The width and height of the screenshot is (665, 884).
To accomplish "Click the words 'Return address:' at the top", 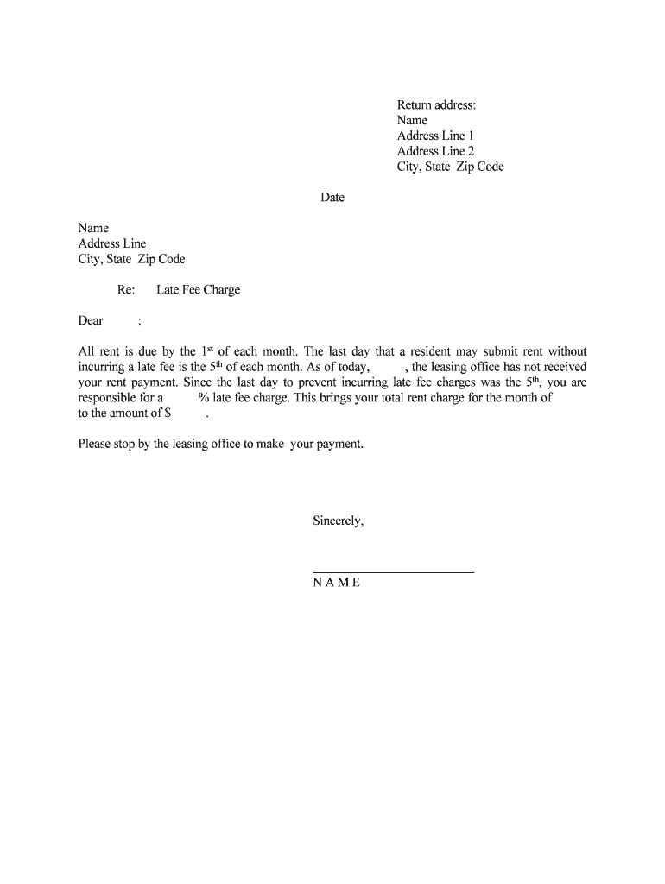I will (x=436, y=105).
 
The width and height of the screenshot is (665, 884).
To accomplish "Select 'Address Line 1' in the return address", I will (x=435, y=136).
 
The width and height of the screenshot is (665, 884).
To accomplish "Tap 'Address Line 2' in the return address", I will (x=435, y=152).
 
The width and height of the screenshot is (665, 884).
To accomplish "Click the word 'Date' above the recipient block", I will (x=332, y=198).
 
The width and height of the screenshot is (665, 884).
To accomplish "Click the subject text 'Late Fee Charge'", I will (x=198, y=290).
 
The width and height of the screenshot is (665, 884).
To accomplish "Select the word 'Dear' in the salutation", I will (x=91, y=321).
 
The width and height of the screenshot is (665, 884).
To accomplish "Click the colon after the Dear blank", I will (x=139, y=322).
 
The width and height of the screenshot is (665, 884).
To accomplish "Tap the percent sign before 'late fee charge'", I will (x=203, y=398).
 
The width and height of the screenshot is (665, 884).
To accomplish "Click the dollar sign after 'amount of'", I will (x=168, y=414).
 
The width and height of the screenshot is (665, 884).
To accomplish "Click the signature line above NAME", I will (x=393, y=571).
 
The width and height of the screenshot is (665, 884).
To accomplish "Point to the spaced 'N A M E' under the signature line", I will (x=337, y=583).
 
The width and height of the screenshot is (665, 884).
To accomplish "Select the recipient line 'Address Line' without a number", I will (x=112, y=243).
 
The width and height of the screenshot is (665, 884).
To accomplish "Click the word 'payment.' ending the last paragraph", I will (x=340, y=445).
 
